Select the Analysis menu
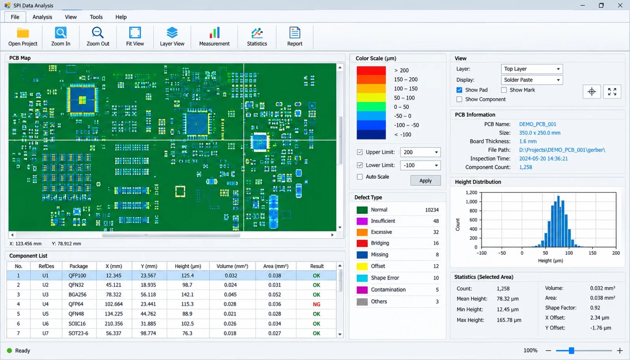tap(42, 17)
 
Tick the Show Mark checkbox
tap(504, 90)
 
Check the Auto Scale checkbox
tap(360, 177)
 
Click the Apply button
tap(425, 181)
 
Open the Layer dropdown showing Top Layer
tap(532, 69)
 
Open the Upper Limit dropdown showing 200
tap(420, 152)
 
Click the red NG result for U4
tap(317, 304)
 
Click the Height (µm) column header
tap(188, 266)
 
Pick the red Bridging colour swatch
tap(362, 243)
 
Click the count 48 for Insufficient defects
tap(436, 221)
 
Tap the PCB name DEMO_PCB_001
tap(537, 124)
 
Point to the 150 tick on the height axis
tap(592, 253)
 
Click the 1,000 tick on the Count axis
tap(471, 202)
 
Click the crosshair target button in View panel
tap(592, 91)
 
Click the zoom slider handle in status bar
tap(571, 351)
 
